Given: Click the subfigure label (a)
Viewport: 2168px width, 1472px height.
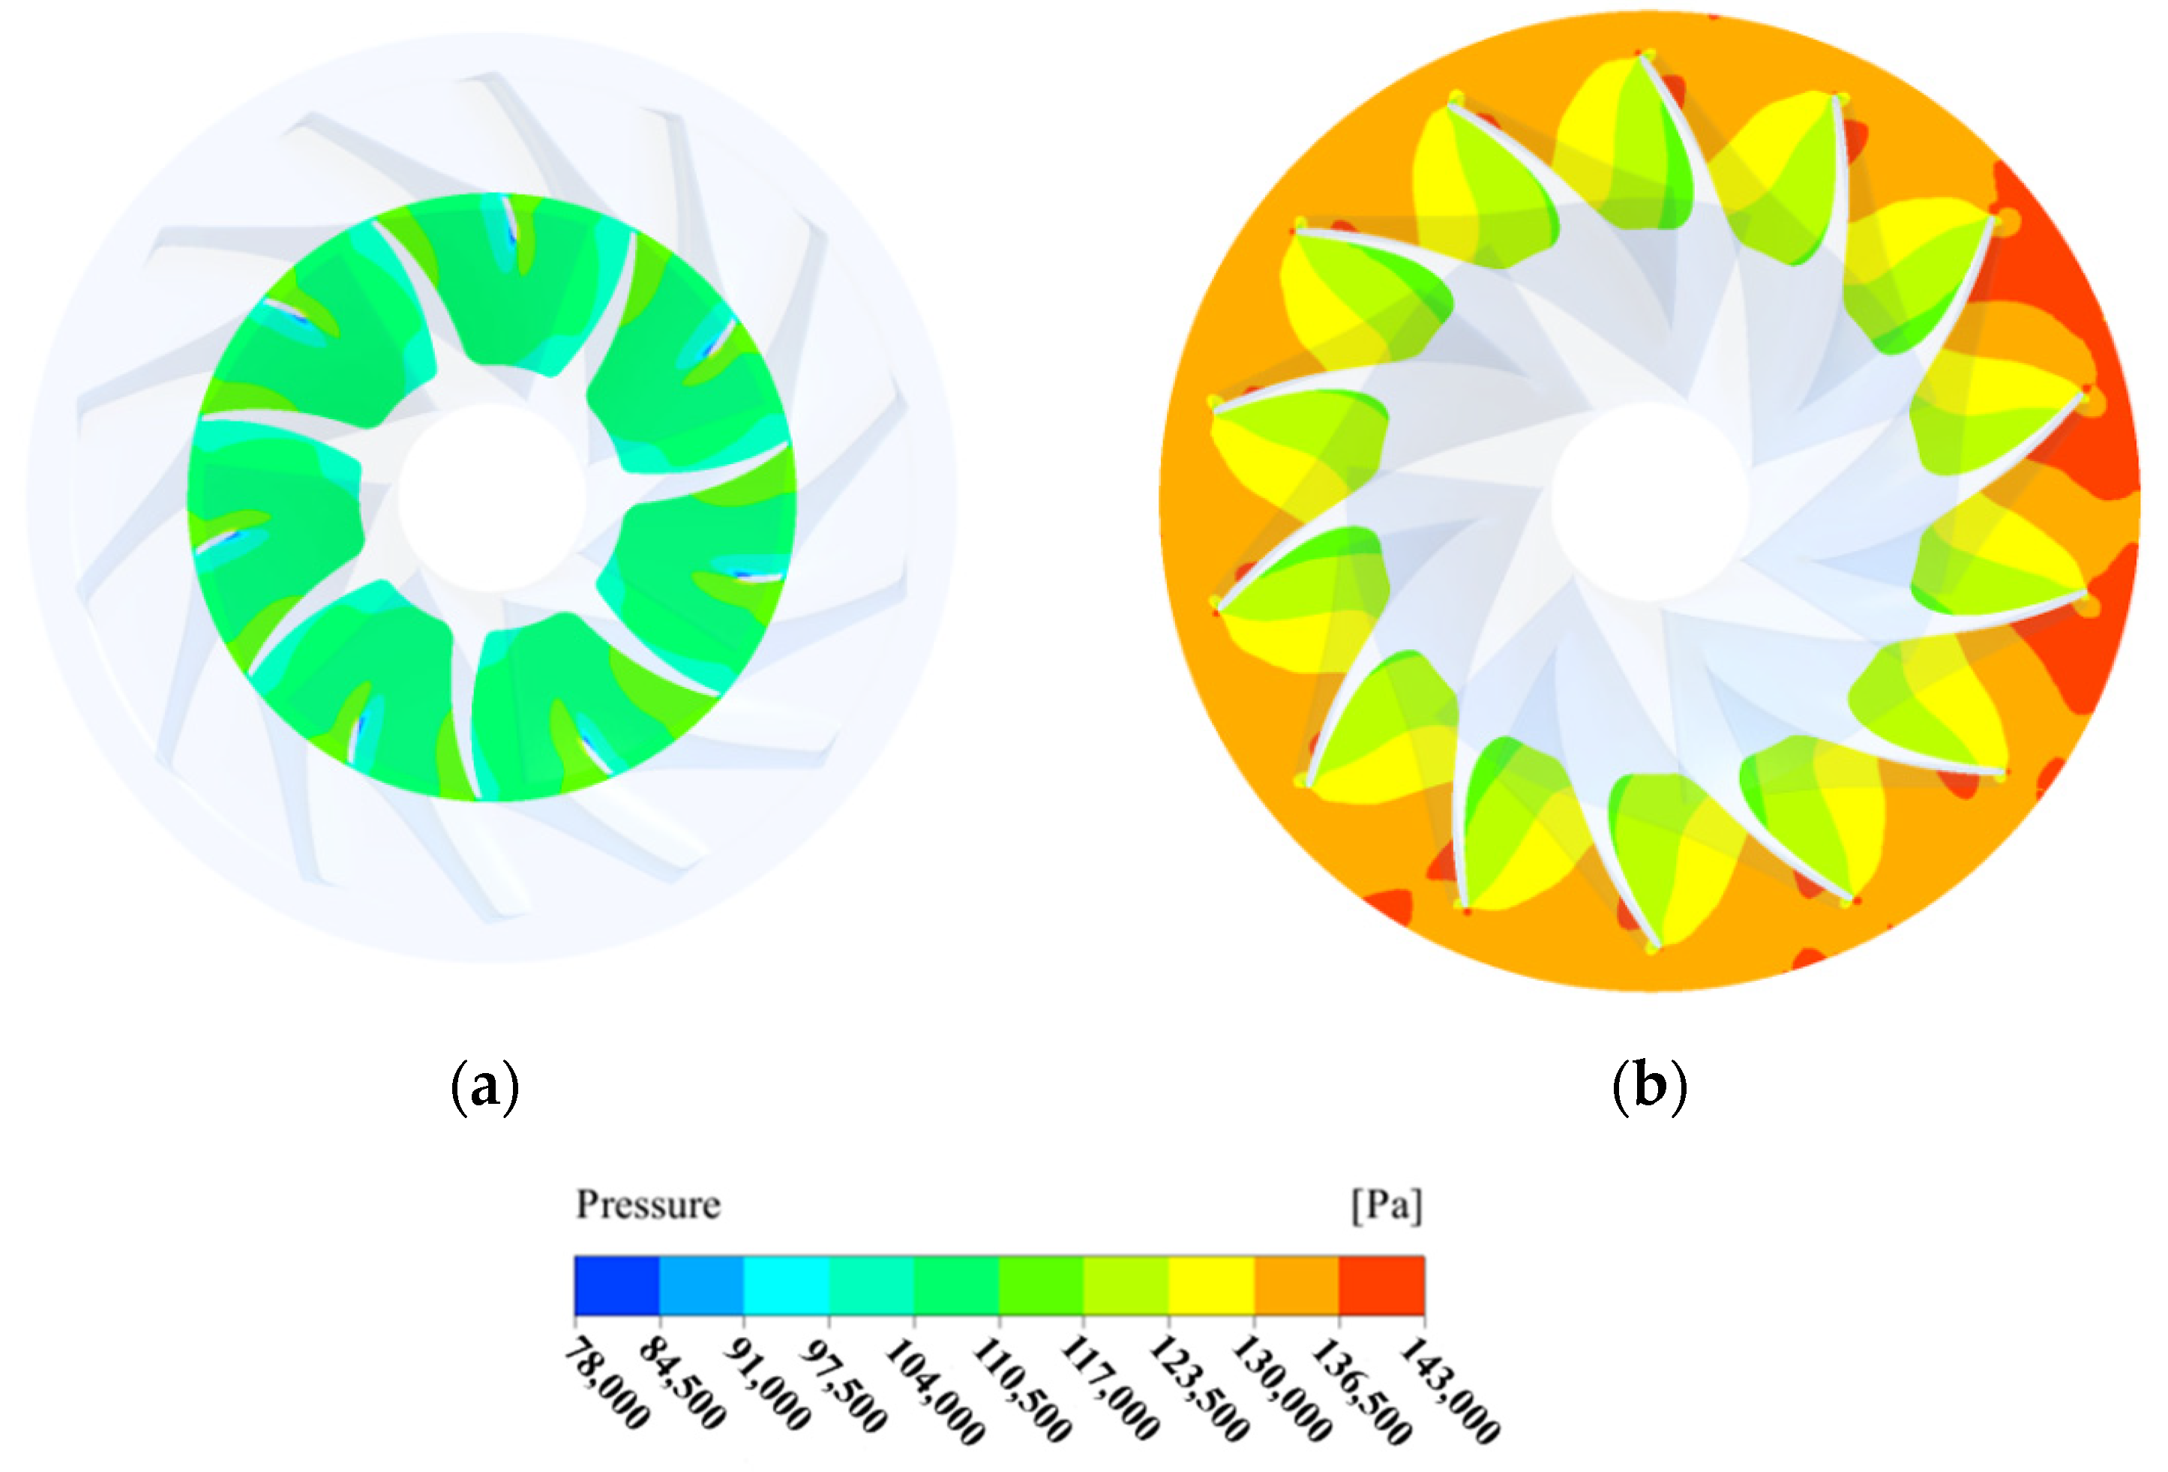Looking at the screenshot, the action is pos(484,1087).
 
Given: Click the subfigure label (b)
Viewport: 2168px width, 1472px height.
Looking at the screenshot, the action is pos(1649,1087).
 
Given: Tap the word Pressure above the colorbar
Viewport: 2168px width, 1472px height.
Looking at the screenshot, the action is pos(649,1204).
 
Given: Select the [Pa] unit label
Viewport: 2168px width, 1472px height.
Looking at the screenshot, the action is pos(1387,1205).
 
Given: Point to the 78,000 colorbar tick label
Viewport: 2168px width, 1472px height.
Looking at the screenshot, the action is pos(607,1381).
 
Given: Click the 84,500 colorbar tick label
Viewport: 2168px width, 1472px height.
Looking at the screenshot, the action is pos(682,1381).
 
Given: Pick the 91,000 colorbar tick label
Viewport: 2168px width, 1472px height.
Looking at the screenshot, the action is pos(767,1381).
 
